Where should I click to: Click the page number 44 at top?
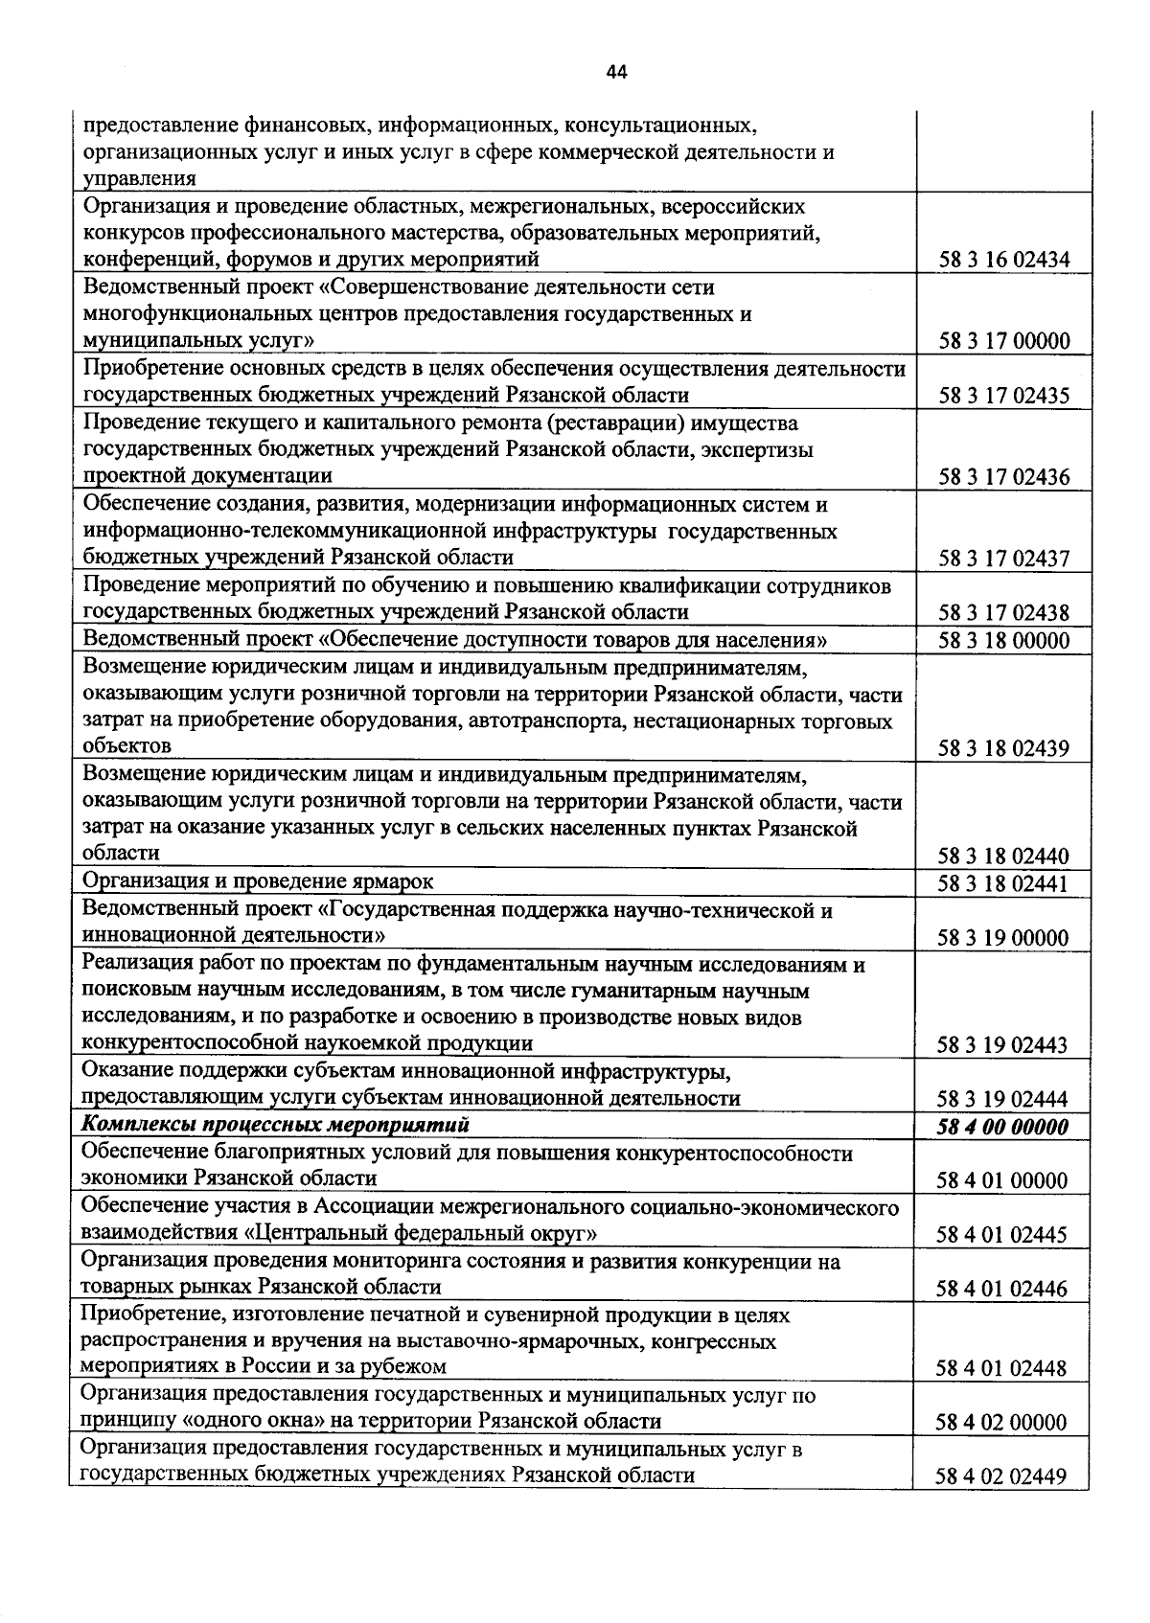tap(616, 73)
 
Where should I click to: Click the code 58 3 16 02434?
tap(1003, 260)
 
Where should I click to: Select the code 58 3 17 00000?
tap(1003, 341)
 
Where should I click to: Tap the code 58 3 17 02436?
tap(1003, 476)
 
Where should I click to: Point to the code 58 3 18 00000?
tap(1003, 640)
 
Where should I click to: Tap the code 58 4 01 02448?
tap(1002, 1368)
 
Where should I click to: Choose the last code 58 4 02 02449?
tap(1002, 1476)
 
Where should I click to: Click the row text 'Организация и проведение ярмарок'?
tap(258, 880)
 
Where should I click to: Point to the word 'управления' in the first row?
tap(140, 178)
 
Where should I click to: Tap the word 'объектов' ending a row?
tap(127, 745)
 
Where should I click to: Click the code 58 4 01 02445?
tap(1002, 1235)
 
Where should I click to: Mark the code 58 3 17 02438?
tap(1003, 613)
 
